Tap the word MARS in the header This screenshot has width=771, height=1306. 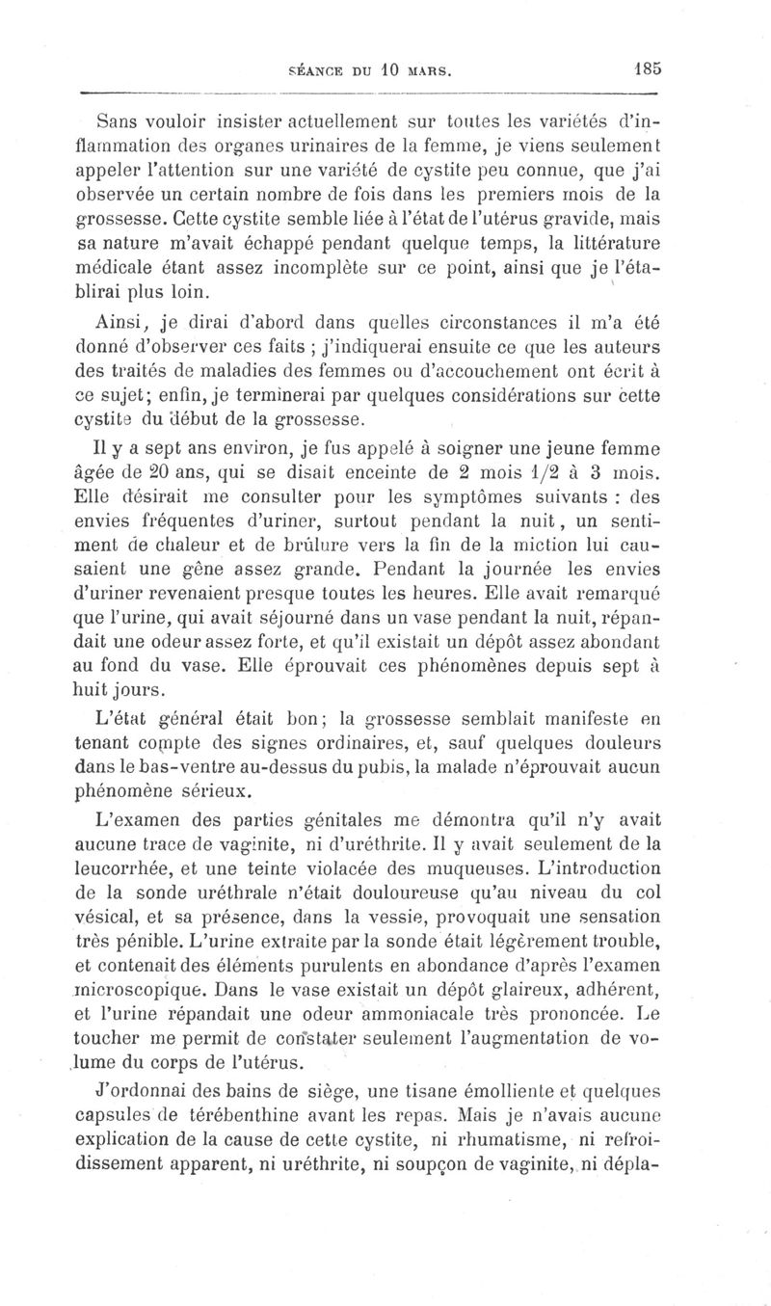pyautogui.click(x=427, y=69)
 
